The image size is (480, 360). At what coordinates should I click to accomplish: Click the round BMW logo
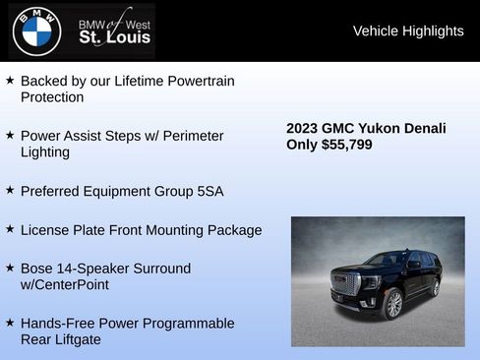[x=36, y=30]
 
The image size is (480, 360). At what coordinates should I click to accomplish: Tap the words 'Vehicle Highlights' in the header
[x=408, y=31]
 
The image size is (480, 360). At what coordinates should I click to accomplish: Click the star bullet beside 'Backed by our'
[x=9, y=80]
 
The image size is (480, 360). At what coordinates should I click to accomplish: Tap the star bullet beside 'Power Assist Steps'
[x=9, y=135]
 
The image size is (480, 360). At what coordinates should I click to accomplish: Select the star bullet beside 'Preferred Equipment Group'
[x=9, y=190]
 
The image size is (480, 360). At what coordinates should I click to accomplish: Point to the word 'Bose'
[x=37, y=269]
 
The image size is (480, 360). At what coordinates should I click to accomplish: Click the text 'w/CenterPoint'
[x=65, y=284]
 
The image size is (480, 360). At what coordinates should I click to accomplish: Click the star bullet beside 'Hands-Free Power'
[x=9, y=323]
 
